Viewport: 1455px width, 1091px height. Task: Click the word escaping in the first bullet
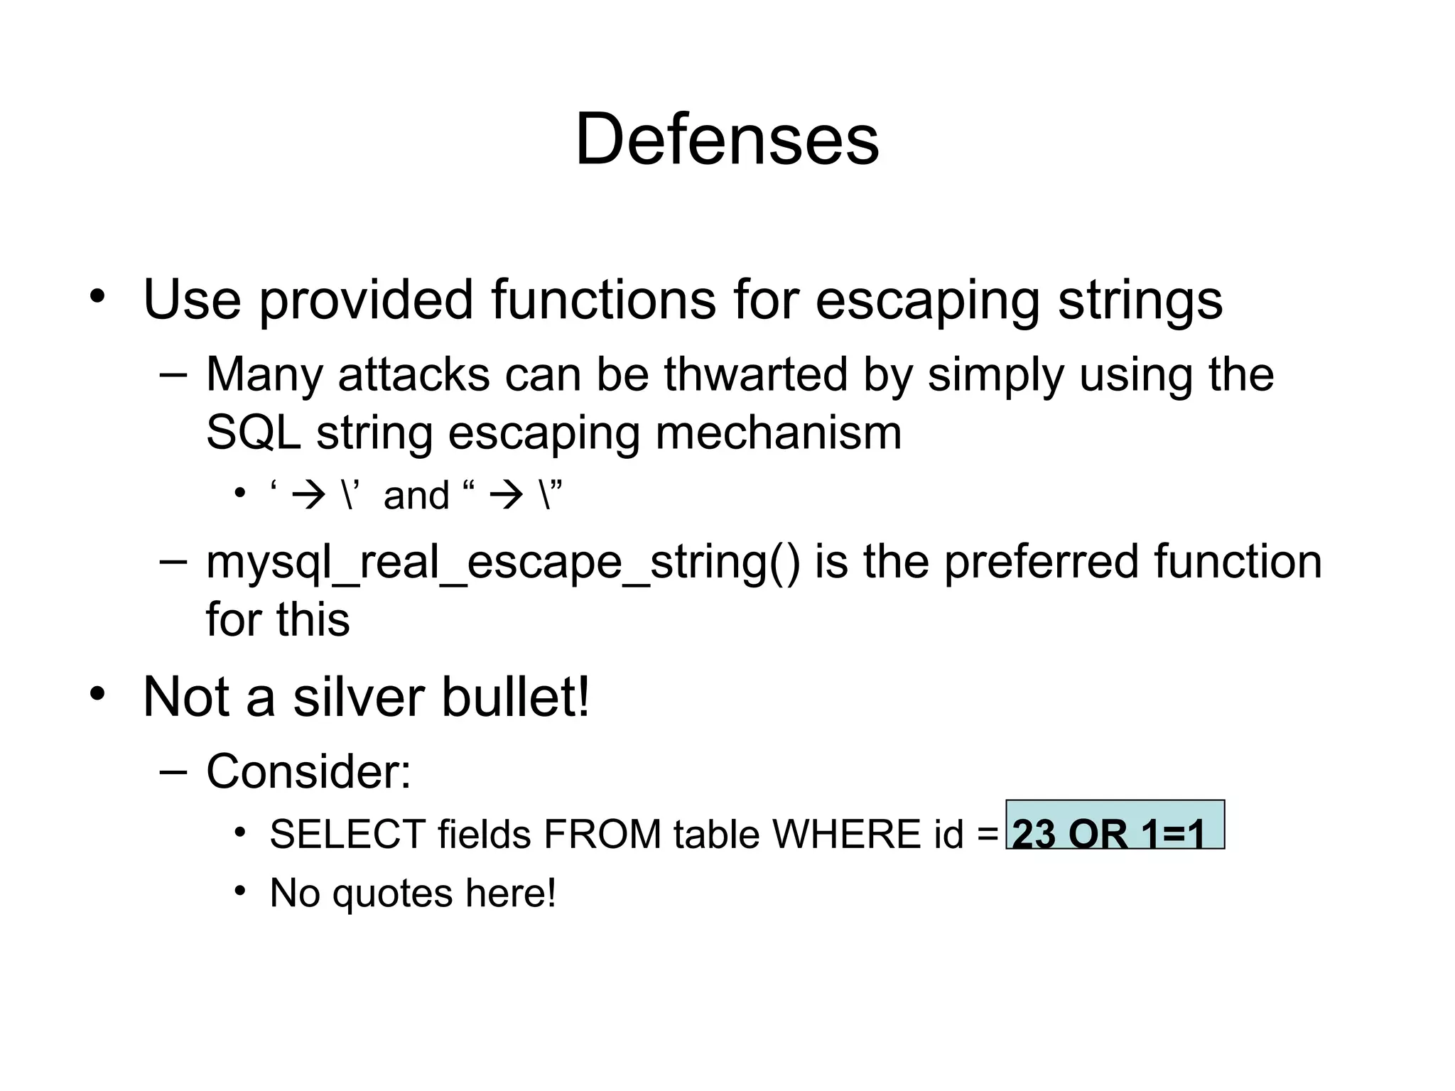click(929, 300)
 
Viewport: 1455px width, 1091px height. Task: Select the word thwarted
click(755, 374)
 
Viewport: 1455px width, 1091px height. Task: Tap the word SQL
click(254, 433)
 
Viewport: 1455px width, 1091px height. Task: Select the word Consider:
click(308, 771)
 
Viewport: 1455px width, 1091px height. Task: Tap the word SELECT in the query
click(347, 834)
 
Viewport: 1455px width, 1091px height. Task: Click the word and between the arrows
click(416, 495)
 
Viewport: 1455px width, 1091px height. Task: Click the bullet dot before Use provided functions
click(97, 295)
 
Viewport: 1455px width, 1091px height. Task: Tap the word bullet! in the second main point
click(515, 697)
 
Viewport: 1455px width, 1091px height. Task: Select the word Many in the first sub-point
click(264, 374)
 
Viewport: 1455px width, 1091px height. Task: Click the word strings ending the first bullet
click(1140, 300)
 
